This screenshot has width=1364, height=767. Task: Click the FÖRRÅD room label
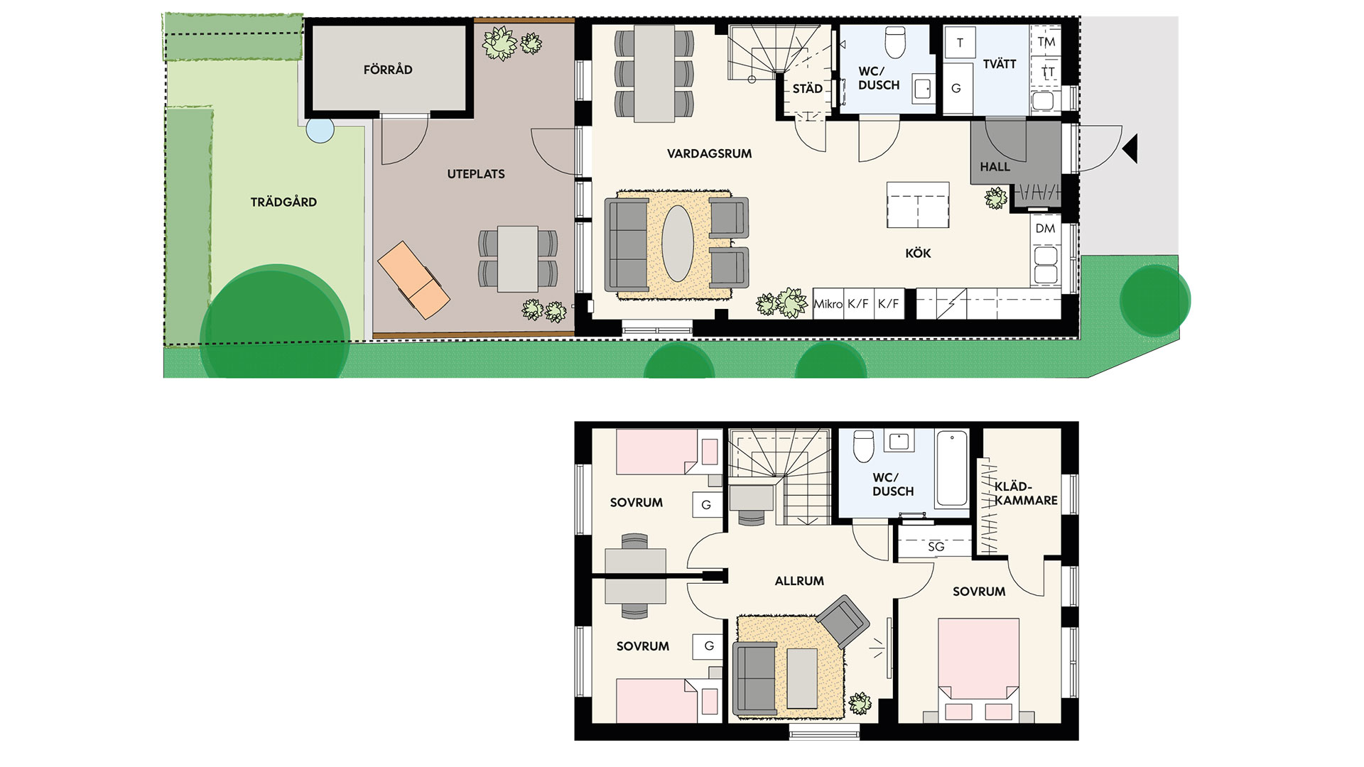388,70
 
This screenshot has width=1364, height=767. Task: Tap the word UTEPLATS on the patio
476,174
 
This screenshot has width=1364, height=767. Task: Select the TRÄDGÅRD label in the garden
283,202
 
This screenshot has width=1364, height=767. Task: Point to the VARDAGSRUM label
709,153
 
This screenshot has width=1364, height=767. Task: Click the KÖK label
918,253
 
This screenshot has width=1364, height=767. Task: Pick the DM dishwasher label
1045,229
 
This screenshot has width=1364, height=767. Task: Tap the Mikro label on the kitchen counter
828,304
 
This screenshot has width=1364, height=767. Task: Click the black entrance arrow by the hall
1130,149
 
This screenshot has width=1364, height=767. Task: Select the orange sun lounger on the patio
413,280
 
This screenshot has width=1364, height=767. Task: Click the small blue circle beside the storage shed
320,130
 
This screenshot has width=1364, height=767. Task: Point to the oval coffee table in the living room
678,244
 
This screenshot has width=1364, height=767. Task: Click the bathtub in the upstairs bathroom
952,468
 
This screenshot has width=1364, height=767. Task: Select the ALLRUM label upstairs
799,581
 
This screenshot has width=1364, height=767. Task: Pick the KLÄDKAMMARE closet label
1026,494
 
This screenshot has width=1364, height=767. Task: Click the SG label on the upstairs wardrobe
936,547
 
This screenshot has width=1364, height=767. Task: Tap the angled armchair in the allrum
843,621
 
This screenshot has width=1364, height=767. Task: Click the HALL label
995,167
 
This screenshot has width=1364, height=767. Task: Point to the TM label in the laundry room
1046,42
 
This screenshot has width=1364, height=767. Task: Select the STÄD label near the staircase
808,89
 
